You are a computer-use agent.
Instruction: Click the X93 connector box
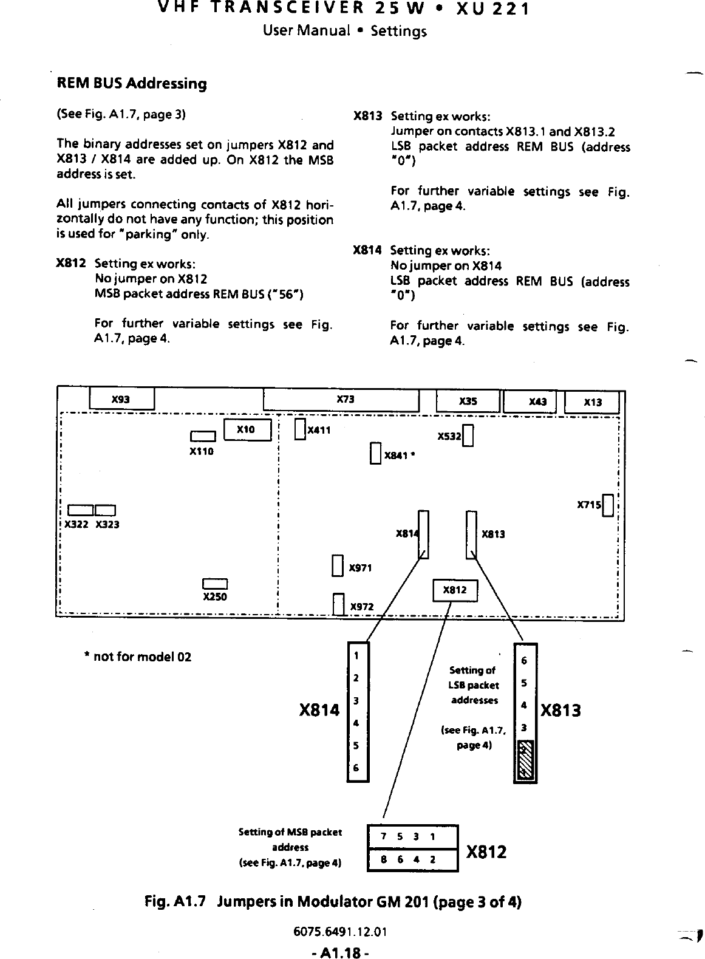coord(121,399)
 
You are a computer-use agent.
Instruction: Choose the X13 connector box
coord(592,403)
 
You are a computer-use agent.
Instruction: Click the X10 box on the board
coord(247,429)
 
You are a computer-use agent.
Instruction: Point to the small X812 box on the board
coord(455,590)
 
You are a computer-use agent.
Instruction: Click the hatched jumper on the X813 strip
coord(525,760)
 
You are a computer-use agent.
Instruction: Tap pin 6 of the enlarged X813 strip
coord(525,660)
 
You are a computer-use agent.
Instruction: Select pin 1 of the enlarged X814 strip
coord(358,655)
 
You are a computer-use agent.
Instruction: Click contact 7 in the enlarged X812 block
coord(383,836)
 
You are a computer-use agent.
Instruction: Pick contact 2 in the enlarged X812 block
coord(432,859)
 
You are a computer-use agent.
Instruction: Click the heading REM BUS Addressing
coord(131,83)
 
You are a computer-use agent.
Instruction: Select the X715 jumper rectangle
coord(607,505)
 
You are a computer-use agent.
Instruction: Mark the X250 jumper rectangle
coord(215,584)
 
